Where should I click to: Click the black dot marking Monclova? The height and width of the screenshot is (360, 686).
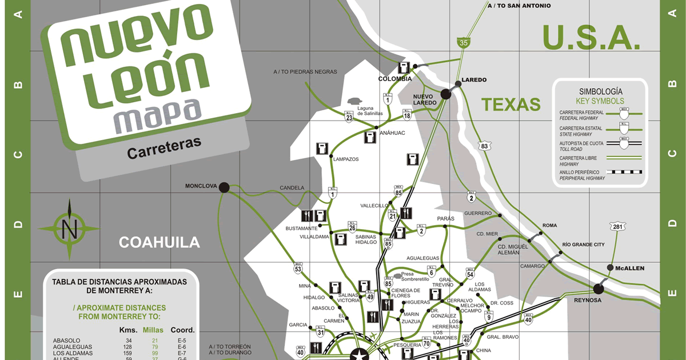click(x=224, y=187)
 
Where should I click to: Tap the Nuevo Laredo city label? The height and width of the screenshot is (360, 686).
click(x=425, y=99)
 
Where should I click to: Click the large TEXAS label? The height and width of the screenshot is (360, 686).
click(x=510, y=104)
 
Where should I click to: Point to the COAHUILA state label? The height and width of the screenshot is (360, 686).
click(x=159, y=242)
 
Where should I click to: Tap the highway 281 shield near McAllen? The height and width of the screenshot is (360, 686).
click(x=617, y=227)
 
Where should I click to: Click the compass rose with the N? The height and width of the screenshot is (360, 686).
click(x=70, y=229)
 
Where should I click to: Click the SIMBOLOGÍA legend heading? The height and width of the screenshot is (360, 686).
click(x=600, y=91)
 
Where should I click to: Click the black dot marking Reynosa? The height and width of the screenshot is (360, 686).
click(x=599, y=289)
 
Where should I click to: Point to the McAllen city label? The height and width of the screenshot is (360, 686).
click(x=629, y=268)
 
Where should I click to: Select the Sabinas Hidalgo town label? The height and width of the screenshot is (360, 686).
click(x=366, y=239)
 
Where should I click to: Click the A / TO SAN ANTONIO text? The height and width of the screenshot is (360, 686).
click(x=519, y=6)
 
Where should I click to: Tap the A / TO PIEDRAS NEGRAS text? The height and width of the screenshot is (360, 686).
click(x=305, y=72)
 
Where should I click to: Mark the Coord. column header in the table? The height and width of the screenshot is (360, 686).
click(x=182, y=330)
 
